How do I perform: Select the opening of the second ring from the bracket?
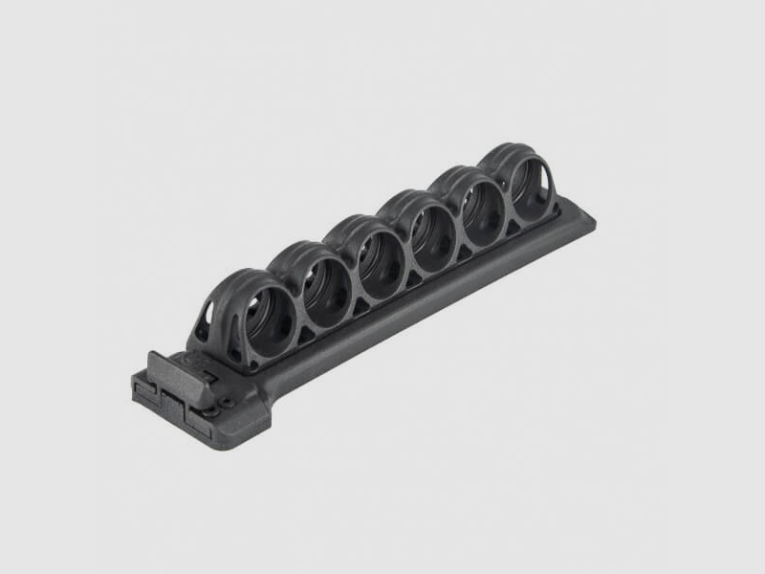pyautogui.click(x=322, y=287)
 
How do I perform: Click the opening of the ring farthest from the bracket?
pyautogui.click(x=528, y=182)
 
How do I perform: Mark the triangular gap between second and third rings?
pyautogui.click(x=360, y=304)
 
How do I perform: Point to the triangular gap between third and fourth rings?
pyautogui.click(x=413, y=278)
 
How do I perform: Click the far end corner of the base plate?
pyautogui.click(x=591, y=222)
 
